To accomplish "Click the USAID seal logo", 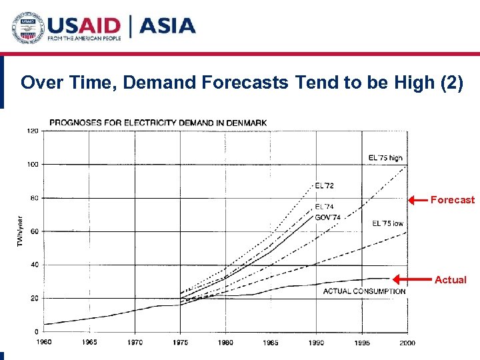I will coord(26,27).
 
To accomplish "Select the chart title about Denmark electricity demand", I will coord(158,123).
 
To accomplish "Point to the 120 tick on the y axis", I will coord(32,131).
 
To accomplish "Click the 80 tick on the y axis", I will coord(33,198).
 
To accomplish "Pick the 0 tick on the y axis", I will coord(36,331).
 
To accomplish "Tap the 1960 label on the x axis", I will coord(44,343).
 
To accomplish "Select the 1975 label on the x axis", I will coord(180,343).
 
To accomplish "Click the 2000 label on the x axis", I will coord(407,343).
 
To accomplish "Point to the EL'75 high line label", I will coord(385,158).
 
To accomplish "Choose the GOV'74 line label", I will coord(327,217).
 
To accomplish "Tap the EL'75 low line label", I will coord(387,223).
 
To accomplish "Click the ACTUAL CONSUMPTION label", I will coord(364,291).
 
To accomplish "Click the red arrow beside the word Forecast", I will coord(417,199).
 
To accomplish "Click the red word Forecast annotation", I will coord(453,199).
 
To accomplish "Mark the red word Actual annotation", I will coord(450,280).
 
